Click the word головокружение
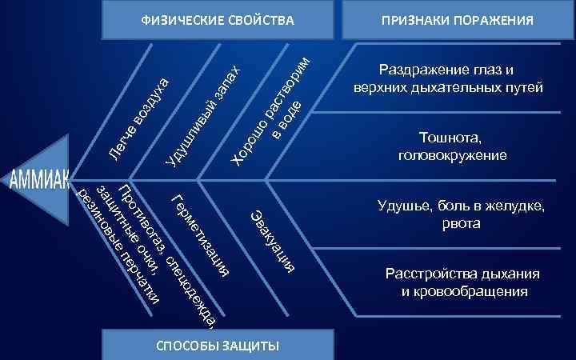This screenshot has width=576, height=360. [x=451, y=154]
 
